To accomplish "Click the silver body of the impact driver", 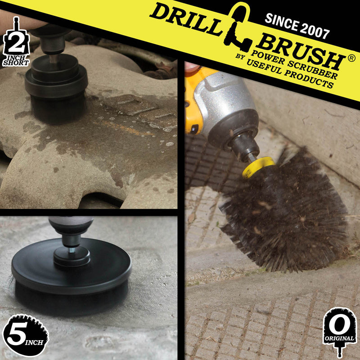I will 225,103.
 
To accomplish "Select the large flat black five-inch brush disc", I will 72,274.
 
